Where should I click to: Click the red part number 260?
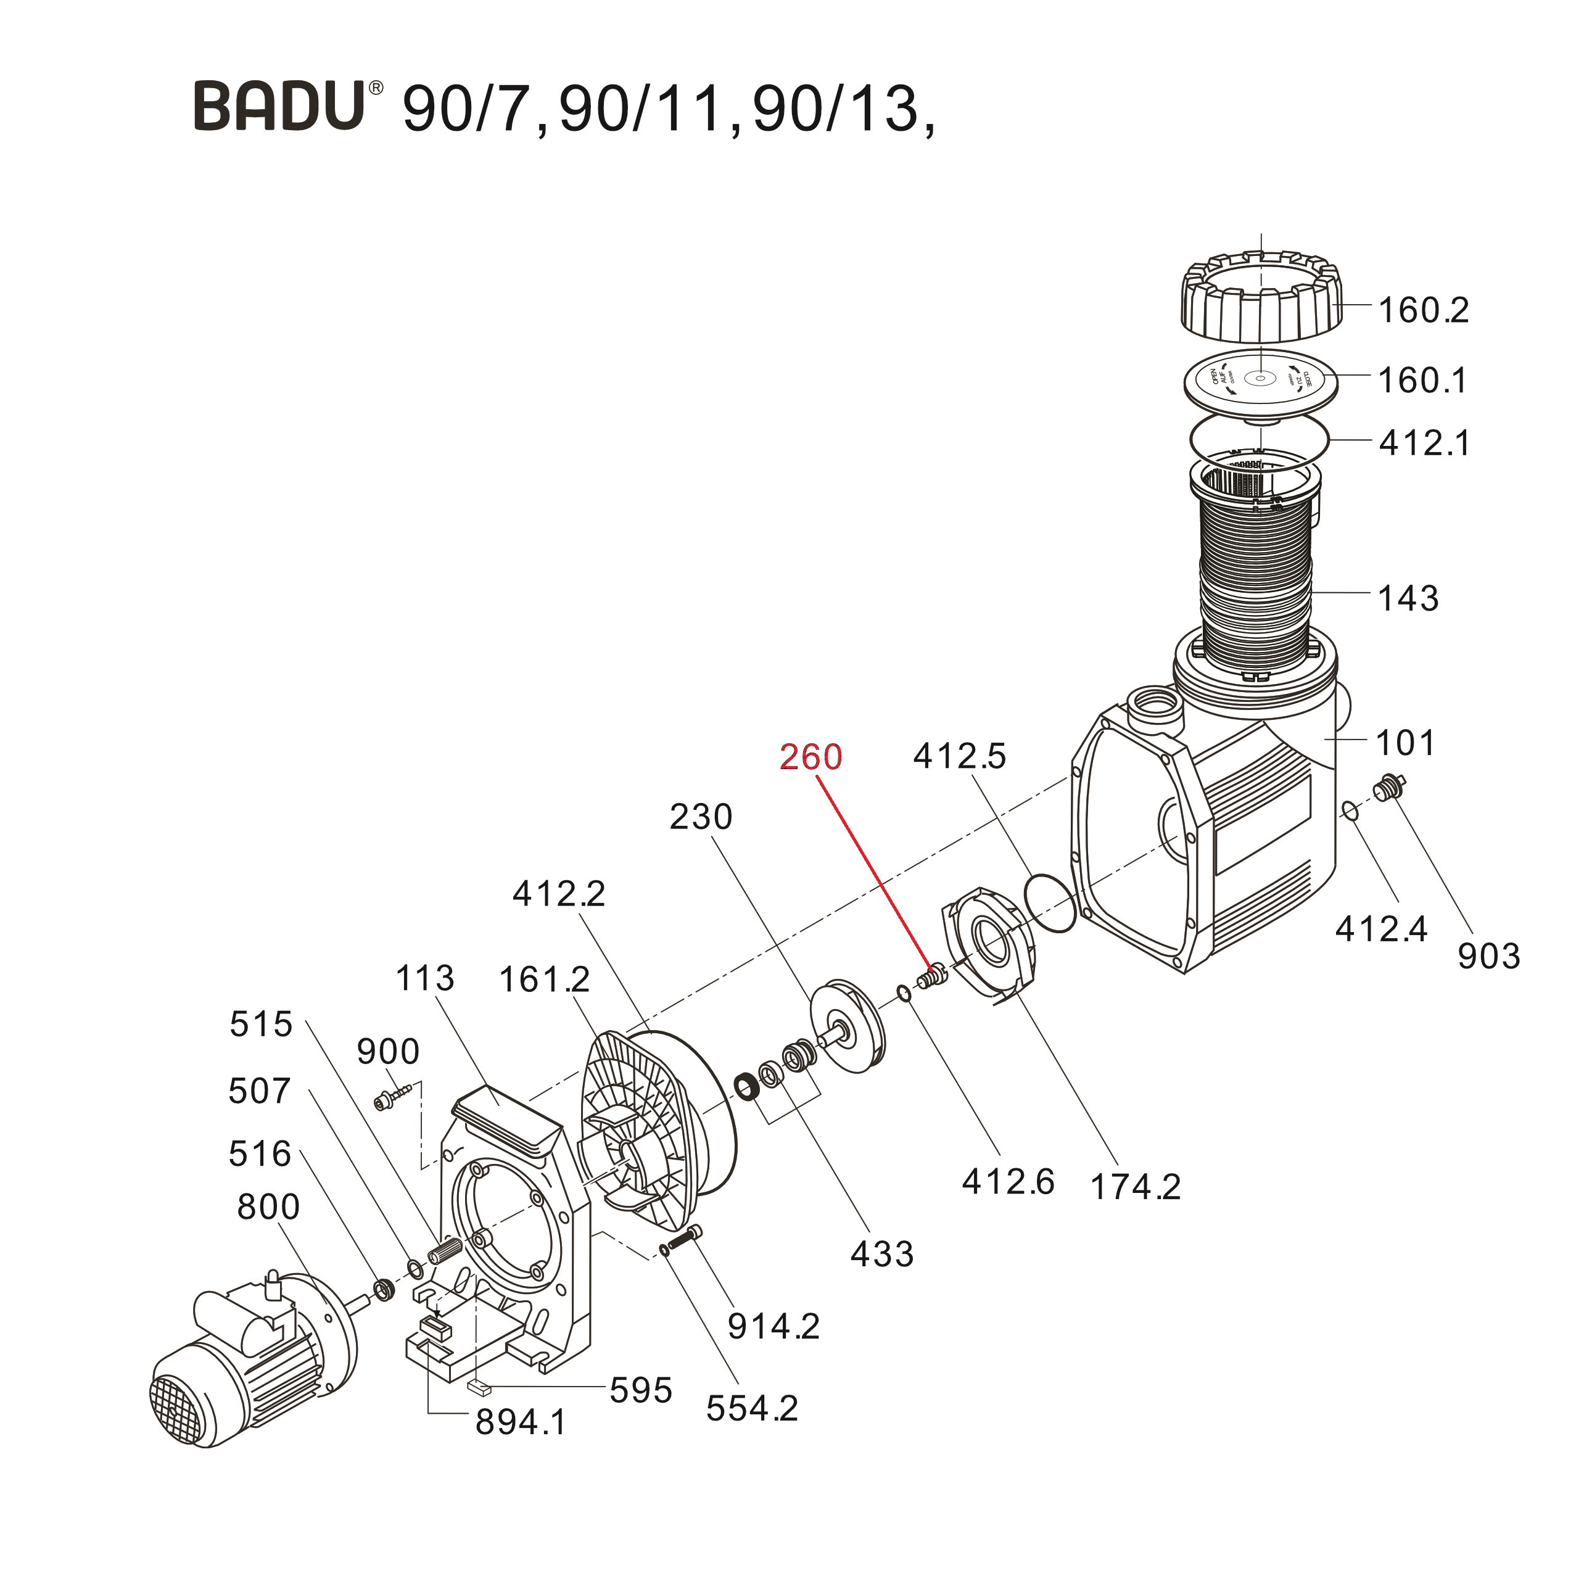[810, 757]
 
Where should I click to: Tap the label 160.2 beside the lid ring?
[1423, 311]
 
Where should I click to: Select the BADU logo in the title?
[279, 105]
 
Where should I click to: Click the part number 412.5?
[959, 756]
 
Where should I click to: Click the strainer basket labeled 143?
[1255, 574]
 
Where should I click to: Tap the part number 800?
[268, 1207]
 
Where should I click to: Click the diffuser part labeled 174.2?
[988, 943]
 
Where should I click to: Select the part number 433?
[881, 1253]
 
